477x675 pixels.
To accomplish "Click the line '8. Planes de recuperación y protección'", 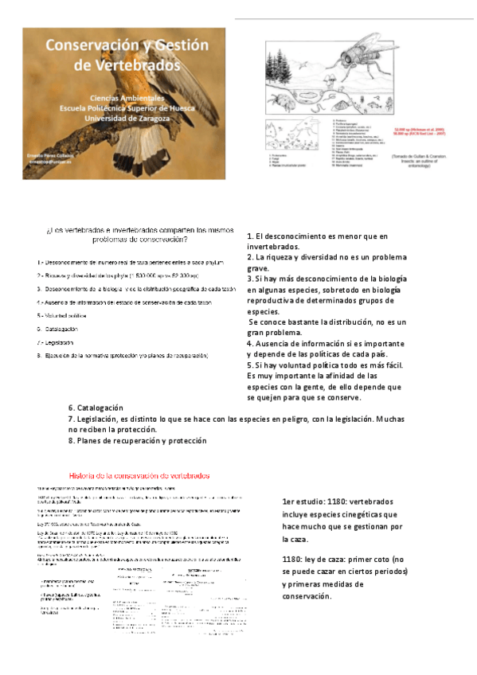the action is pyautogui.click(x=137, y=440).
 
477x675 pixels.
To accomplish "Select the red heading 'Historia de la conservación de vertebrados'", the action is pyautogui.click(x=139, y=476).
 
